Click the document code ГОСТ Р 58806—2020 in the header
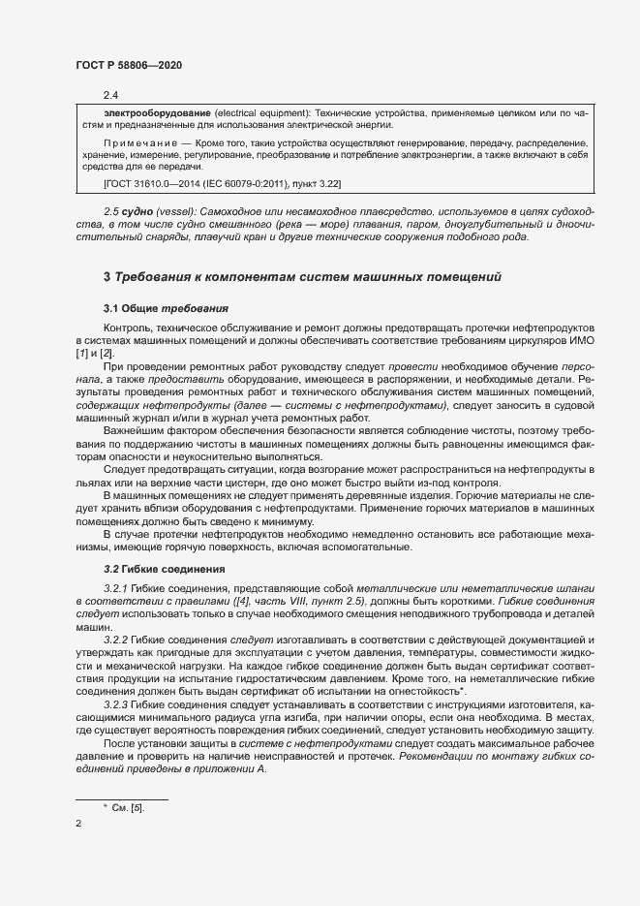coord(128,64)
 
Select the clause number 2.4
coord(110,95)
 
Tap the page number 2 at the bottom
coord(77,825)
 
